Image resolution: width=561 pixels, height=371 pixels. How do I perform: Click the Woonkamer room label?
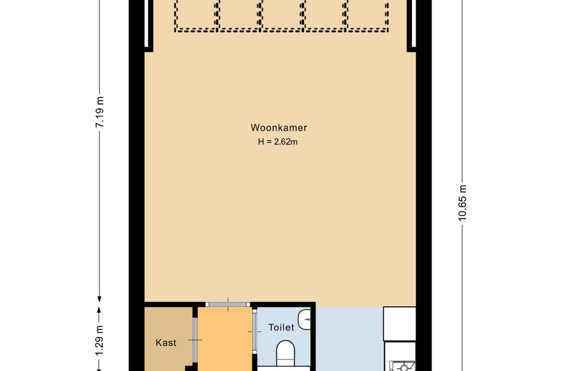[278, 128]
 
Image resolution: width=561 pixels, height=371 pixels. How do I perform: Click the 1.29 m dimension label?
[100, 337]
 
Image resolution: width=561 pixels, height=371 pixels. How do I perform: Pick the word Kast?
[166, 343]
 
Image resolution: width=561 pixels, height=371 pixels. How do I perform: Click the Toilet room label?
[281, 327]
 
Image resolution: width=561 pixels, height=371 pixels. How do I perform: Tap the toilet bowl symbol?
[286, 353]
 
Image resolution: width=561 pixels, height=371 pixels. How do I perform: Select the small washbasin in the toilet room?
[306, 318]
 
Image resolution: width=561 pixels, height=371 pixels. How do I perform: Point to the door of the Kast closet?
[195, 338]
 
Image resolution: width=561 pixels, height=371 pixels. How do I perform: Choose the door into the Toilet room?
[254, 338]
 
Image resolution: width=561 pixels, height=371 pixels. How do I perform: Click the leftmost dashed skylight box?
[195, 13]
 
